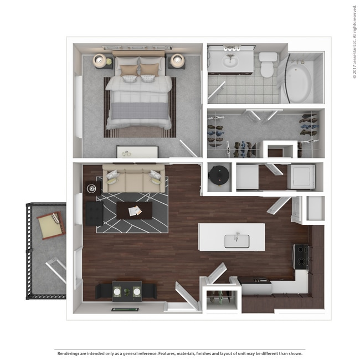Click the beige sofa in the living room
[133, 179]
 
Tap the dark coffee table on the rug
[134, 210]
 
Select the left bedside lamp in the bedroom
[100, 60]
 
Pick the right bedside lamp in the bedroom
[177, 60]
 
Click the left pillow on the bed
[128, 70]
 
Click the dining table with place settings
[127, 290]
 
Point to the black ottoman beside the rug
[94, 213]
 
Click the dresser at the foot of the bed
[137, 151]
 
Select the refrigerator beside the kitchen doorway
[315, 209]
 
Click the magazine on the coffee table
[135, 210]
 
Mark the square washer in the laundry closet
[302, 177]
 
